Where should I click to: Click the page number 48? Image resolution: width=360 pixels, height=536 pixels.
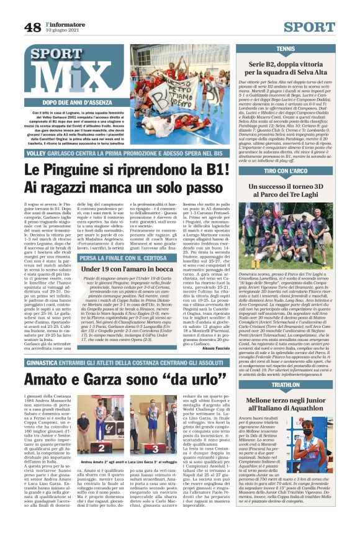point(32,27)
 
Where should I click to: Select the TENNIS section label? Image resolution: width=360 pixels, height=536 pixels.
point(286,48)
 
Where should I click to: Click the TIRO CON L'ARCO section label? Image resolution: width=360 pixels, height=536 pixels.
point(286,171)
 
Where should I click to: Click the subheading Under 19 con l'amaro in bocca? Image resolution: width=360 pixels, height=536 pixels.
point(118,269)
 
